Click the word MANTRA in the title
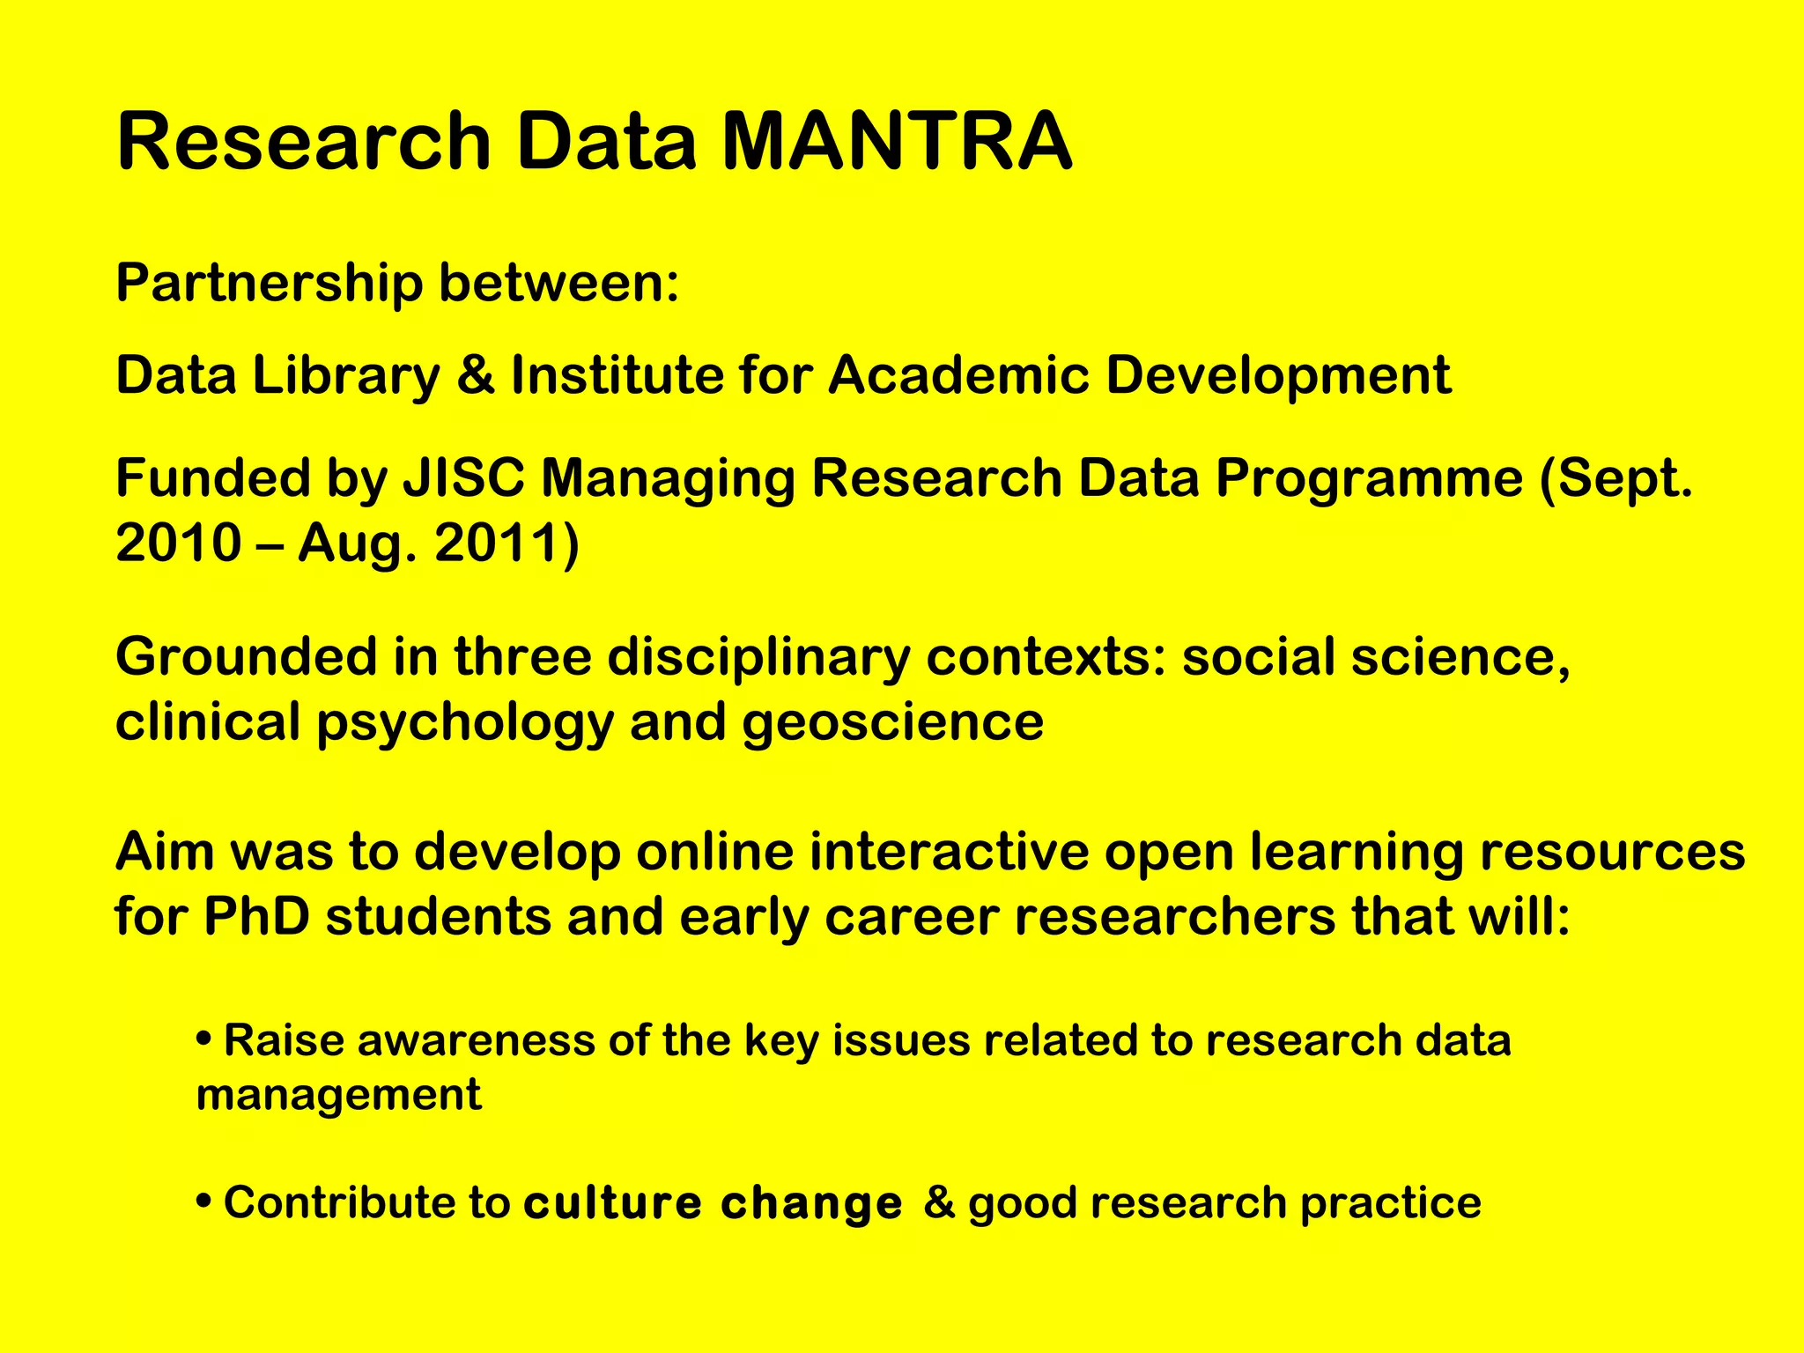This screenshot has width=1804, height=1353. (897, 141)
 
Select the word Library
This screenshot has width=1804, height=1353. (346, 376)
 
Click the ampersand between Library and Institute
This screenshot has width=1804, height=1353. (476, 376)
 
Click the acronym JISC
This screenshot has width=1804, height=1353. (463, 478)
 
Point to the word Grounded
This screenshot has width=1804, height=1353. (246, 657)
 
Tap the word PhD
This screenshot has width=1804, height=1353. (256, 917)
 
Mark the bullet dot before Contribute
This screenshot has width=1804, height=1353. (204, 1201)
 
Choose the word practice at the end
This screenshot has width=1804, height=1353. (1391, 1203)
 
